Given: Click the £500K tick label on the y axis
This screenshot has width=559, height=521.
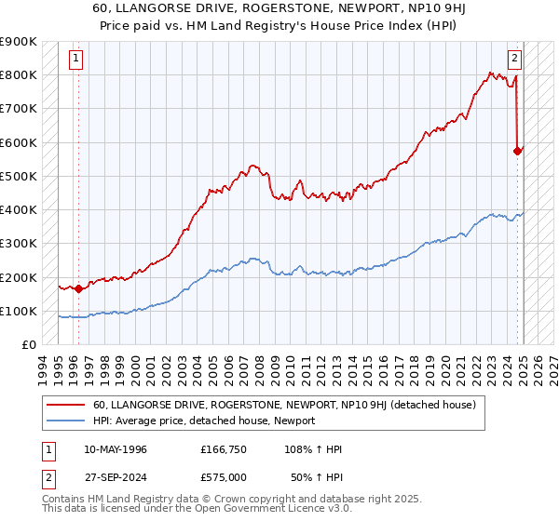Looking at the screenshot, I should click(x=19, y=176).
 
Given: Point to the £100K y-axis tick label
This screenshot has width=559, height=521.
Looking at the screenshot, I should click(x=19, y=311).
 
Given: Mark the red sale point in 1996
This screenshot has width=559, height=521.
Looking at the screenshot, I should click(x=78, y=288).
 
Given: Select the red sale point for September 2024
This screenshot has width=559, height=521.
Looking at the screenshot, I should click(x=518, y=151).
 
